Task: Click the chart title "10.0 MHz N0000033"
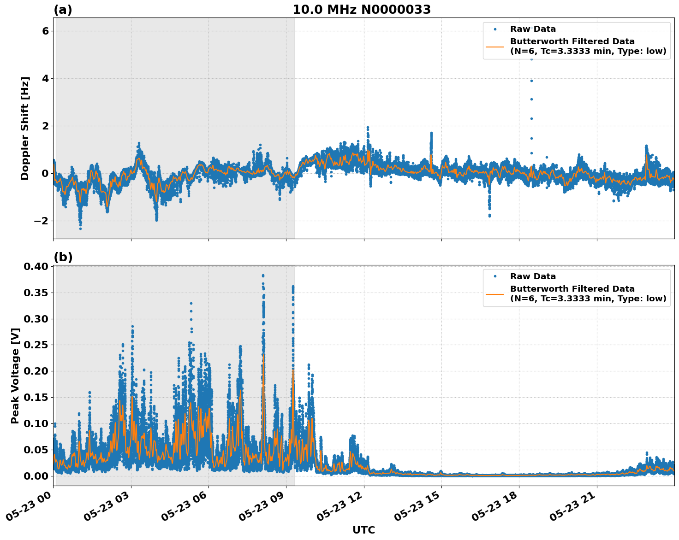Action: (x=362, y=10)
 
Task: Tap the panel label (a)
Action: (x=63, y=10)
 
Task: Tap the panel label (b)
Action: (x=63, y=257)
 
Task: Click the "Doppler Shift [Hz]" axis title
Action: (x=25, y=128)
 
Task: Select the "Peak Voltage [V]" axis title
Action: (x=15, y=376)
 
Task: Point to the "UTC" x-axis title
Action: (x=363, y=530)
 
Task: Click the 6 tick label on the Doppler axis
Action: (x=45, y=31)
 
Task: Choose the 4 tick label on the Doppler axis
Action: (x=45, y=78)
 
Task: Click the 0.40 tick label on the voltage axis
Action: (x=36, y=267)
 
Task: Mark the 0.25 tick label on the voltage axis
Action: (x=36, y=345)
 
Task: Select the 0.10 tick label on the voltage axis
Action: (x=36, y=423)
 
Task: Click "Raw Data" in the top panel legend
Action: (x=533, y=29)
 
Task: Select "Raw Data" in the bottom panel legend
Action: (x=533, y=276)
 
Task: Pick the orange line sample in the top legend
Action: (x=494, y=47)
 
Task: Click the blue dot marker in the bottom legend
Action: (x=494, y=276)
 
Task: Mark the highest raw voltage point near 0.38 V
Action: (x=263, y=276)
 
